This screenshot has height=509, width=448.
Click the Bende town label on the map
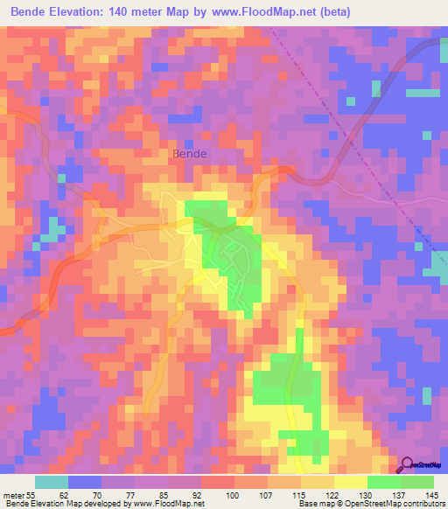pos(190,153)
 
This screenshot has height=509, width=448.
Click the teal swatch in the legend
pos(52,483)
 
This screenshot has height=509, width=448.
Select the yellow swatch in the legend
pos(351,483)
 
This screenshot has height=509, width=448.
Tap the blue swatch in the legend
pos(85,483)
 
